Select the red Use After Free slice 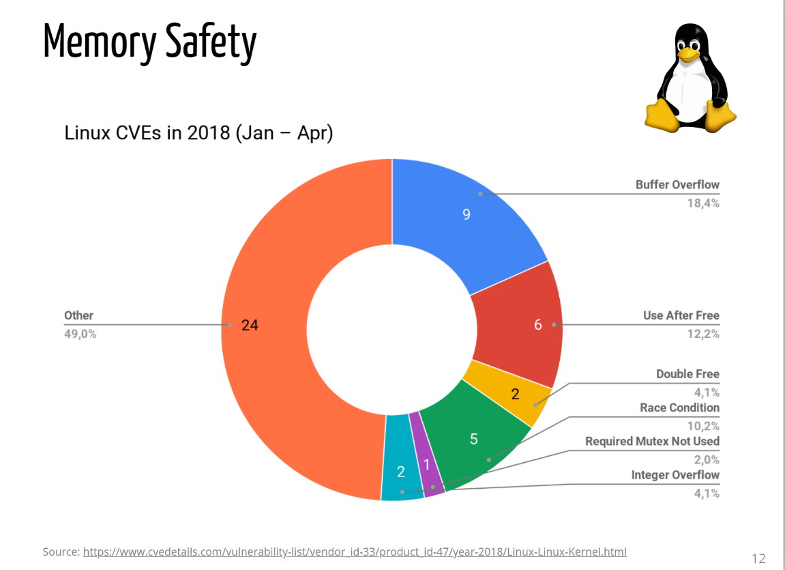(518, 325)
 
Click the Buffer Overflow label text (677, 185)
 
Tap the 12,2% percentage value (703, 334)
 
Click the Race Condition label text (679, 408)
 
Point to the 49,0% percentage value (80, 334)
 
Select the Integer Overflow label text (675, 475)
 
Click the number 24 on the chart (250, 325)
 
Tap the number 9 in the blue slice (466, 214)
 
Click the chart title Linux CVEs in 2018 (198, 132)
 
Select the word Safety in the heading (211, 42)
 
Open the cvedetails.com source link (355, 552)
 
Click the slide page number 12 (758, 558)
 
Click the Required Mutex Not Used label (652, 441)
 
